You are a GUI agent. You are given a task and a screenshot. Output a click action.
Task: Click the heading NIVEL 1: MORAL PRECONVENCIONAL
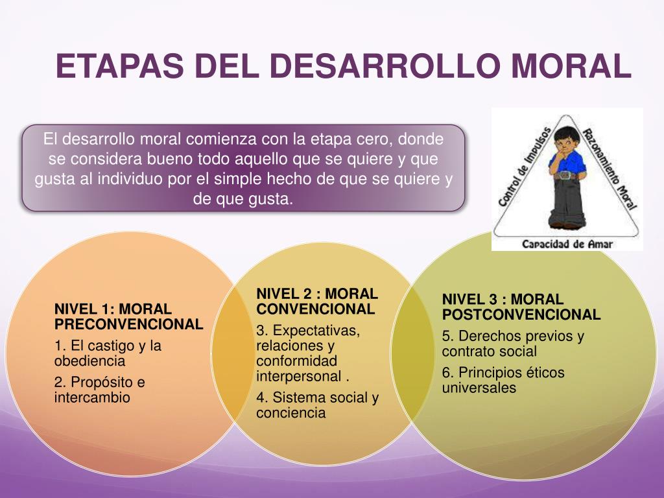(128, 316)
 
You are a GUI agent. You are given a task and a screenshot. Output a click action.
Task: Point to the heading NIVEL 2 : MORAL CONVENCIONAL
(316, 302)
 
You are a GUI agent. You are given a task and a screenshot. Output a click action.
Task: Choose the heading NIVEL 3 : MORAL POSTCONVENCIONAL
(521, 307)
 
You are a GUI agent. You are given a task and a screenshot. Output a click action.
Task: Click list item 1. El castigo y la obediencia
(108, 353)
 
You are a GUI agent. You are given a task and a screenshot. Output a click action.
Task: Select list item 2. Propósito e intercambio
(99, 390)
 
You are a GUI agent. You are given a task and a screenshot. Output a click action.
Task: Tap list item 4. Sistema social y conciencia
(316, 405)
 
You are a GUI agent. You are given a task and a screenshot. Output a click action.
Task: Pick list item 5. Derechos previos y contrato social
(512, 344)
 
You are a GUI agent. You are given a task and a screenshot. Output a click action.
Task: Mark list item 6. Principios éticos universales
(503, 381)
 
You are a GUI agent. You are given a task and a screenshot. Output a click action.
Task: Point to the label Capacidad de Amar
(567, 244)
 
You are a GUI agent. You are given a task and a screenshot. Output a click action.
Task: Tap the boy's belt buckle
(567, 175)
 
